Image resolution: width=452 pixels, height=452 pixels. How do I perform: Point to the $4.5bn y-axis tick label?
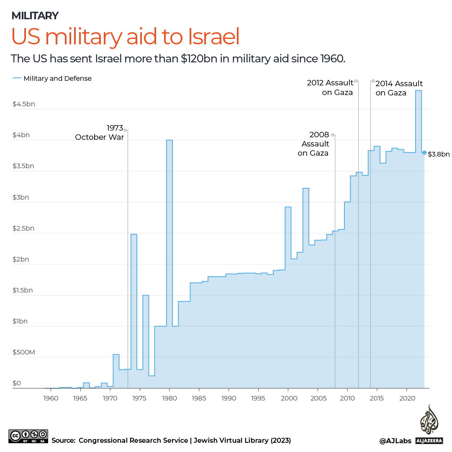tap(24, 104)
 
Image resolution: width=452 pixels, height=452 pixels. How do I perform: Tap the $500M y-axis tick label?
tap(24, 352)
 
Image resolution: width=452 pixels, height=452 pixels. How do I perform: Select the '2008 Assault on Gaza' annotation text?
tap(313, 144)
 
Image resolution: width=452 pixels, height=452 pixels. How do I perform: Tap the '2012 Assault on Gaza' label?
tap(330, 87)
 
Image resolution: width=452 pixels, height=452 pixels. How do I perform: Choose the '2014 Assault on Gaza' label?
tap(399, 88)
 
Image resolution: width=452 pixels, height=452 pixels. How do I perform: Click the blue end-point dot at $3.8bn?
tap(424, 153)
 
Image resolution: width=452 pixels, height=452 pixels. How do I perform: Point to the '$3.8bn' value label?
tap(439, 154)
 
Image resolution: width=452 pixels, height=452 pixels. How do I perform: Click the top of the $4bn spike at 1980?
tap(169, 140)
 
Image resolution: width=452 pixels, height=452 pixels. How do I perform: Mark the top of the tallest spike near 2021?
tap(418, 91)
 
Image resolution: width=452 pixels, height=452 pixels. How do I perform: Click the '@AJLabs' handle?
tap(395, 440)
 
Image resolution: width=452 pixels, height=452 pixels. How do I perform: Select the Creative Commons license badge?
tap(28, 436)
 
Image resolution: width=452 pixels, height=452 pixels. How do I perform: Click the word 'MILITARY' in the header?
tap(35, 16)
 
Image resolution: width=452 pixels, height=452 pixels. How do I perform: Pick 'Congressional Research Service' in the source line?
tap(133, 440)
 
